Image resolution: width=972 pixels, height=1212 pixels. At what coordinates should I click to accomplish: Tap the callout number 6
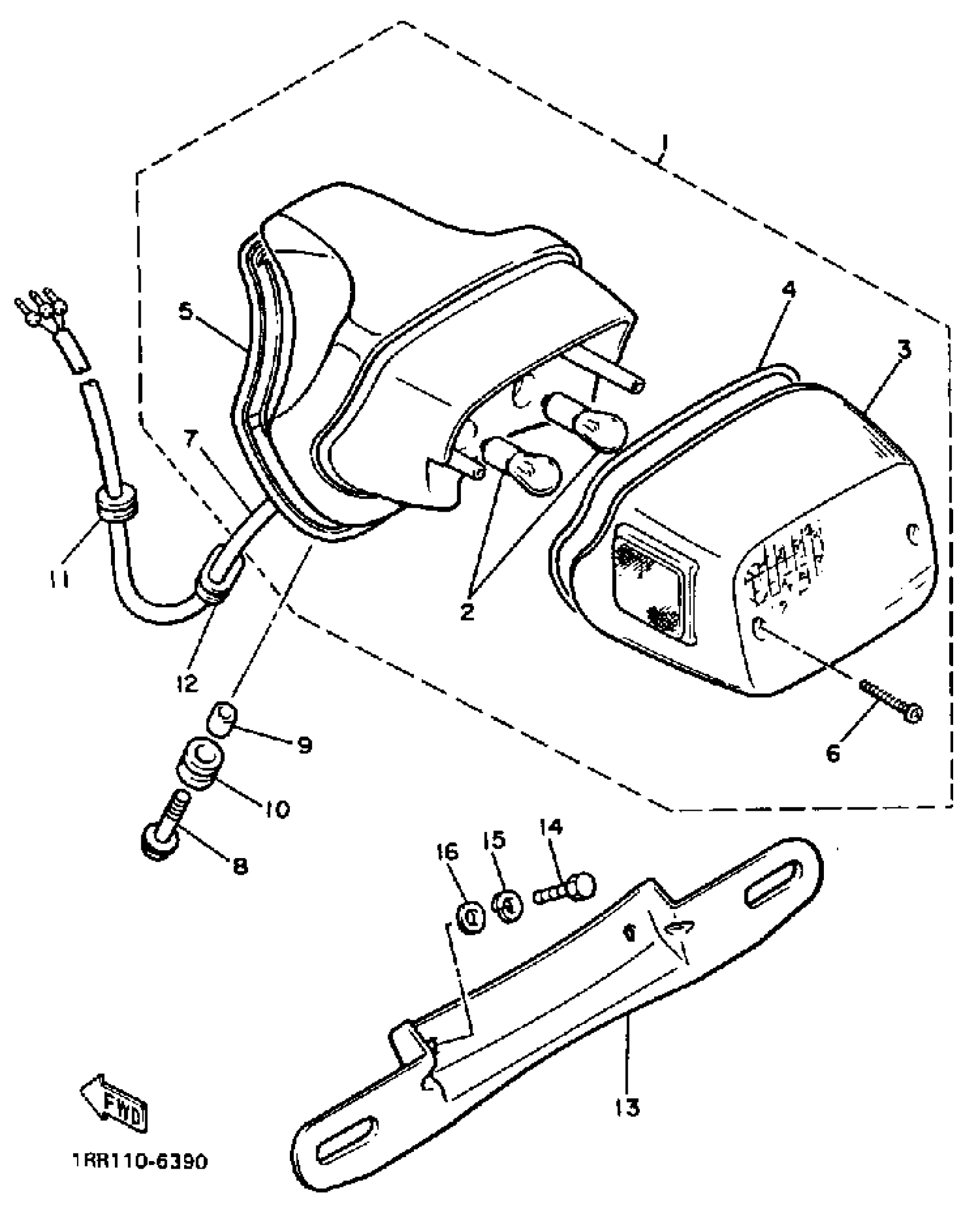click(x=833, y=753)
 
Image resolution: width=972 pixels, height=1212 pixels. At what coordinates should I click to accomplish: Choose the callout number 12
click(x=188, y=681)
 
